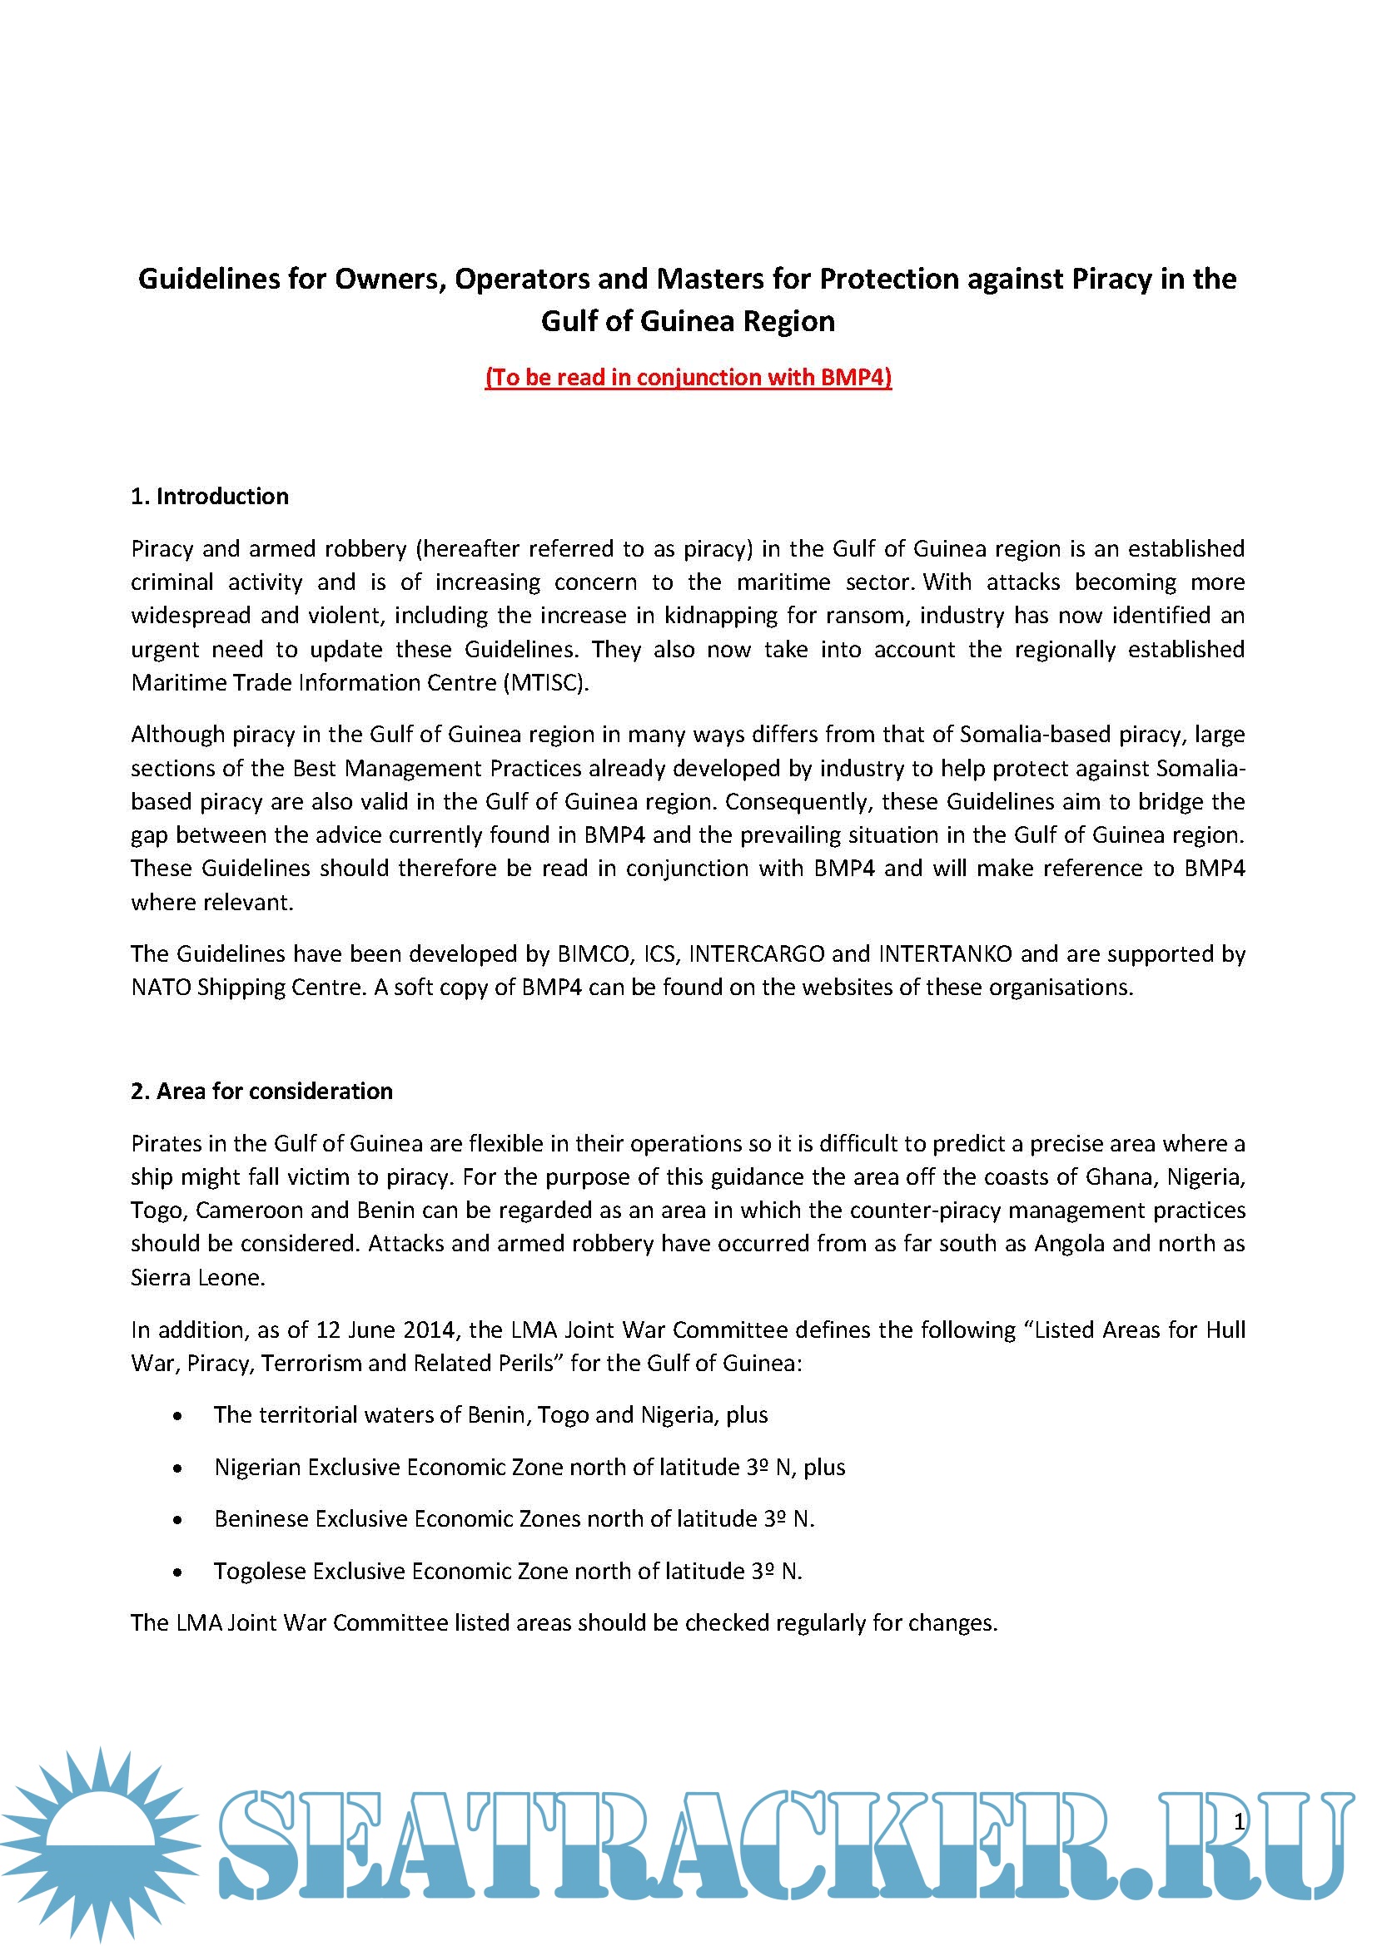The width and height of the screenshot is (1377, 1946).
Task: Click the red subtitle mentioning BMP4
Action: click(x=688, y=377)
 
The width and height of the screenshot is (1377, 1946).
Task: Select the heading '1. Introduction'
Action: click(x=210, y=497)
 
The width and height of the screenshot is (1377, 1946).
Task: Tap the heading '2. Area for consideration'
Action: click(x=261, y=1091)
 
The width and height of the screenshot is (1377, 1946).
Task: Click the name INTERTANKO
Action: click(x=945, y=954)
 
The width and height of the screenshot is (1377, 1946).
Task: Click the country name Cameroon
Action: click(x=250, y=1211)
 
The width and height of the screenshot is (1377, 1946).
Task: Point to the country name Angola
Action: click(x=1069, y=1244)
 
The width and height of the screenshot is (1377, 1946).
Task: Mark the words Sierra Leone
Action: click(x=197, y=1278)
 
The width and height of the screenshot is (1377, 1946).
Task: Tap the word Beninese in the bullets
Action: click(x=261, y=1519)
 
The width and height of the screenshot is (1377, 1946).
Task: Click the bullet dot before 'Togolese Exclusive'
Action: click(x=177, y=1572)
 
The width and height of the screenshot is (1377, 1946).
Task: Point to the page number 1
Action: click(x=1239, y=1821)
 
